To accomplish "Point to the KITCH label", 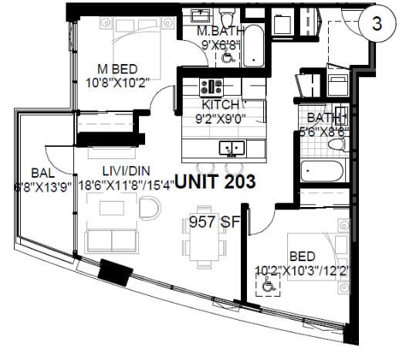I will [x=220, y=105].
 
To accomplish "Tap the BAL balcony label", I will [x=42, y=172].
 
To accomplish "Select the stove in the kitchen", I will [x=210, y=86].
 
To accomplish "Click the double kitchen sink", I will [x=231, y=147].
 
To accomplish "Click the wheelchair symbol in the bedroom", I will [x=269, y=287].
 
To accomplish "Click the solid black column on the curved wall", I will [x=116, y=273].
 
